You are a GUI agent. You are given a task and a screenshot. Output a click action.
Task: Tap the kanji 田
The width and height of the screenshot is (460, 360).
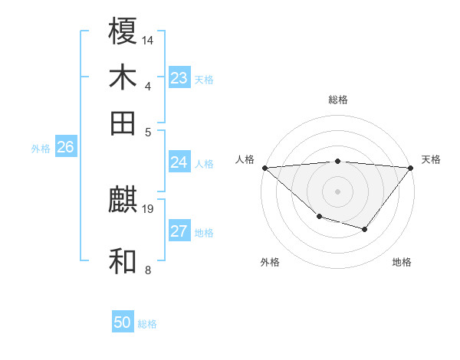pos(123,123)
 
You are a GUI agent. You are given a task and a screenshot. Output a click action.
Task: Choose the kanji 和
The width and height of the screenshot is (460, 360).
pos(123,261)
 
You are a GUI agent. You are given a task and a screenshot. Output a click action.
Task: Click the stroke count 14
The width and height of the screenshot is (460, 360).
pos(148,39)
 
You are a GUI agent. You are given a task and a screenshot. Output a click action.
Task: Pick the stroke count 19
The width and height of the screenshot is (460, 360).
pos(148,208)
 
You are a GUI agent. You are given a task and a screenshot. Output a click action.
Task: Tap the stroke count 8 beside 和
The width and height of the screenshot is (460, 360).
pos(148,269)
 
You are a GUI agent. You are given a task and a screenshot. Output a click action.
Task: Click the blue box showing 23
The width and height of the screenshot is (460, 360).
pos(179,78)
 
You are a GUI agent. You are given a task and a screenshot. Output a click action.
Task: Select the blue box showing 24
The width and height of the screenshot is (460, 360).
pos(179,162)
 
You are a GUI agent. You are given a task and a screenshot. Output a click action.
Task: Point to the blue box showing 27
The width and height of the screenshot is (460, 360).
pos(179,231)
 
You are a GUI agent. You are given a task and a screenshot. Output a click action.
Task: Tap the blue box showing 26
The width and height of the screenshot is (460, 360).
pos(65,148)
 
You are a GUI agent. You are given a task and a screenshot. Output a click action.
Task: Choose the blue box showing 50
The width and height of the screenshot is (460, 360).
pos(123,322)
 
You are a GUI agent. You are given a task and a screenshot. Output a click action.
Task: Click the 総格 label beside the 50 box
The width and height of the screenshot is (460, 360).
pos(147,324)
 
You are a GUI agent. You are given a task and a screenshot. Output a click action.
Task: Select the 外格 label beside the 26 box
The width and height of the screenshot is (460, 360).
pos(41,149)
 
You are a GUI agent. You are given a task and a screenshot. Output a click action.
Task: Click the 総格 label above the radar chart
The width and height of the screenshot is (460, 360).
pos(337,100)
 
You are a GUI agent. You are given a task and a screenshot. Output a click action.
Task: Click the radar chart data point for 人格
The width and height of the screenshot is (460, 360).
pos(264,168)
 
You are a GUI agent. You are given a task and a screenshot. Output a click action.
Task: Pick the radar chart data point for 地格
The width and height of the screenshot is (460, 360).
pos(365,229)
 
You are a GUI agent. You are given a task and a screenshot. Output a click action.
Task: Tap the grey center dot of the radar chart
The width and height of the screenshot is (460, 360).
pos(337,191)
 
